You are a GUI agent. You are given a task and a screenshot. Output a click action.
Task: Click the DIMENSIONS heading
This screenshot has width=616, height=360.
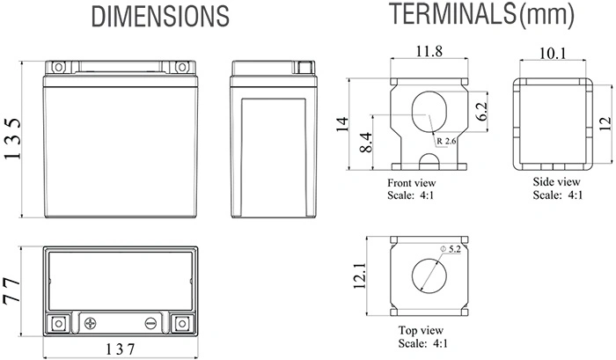click(x=160, y=17)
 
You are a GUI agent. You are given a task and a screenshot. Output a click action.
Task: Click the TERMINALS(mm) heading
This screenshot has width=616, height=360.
click(x=481, y=14)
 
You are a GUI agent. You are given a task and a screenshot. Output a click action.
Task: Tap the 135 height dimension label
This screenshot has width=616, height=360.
click(x=12, y=139)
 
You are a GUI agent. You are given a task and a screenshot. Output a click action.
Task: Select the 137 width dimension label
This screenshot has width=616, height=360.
click(x=121, y=349)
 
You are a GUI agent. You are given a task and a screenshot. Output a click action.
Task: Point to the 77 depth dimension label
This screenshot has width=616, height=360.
click(x=11, y=291)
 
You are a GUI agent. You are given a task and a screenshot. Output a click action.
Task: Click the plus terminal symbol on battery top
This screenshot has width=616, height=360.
click(x=91, y=323)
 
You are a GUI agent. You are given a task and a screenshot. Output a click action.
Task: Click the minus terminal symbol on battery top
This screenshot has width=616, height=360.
click(x=150, y=323)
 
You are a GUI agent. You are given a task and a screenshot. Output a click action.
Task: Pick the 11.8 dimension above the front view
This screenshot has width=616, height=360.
click(x=429, y=51)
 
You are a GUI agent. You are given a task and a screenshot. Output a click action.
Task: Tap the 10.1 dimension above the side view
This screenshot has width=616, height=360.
click(x=553, y=53)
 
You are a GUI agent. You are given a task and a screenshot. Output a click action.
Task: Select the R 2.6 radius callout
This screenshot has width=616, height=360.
click(x=446, y=141)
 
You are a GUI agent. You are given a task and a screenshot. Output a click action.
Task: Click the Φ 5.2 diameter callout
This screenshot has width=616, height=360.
click(x=451, y=249)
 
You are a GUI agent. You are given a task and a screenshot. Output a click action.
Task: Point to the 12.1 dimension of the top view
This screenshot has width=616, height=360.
click(x=360, y=276)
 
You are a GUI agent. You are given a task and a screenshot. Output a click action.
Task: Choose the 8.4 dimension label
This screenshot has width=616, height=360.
click(x=365, y=143)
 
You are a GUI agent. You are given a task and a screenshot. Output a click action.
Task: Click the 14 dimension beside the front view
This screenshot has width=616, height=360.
click(x=342, y=124)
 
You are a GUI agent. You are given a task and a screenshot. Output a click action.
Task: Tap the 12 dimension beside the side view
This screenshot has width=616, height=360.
click(x=605, y=124)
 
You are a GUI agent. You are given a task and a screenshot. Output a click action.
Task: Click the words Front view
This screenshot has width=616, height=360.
click(x=411, y=183)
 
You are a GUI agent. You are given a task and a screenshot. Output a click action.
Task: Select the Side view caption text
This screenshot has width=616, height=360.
click(x=556, y=181)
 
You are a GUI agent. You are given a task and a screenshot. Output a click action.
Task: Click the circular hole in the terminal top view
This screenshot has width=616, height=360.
click(x=429, y=276)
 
